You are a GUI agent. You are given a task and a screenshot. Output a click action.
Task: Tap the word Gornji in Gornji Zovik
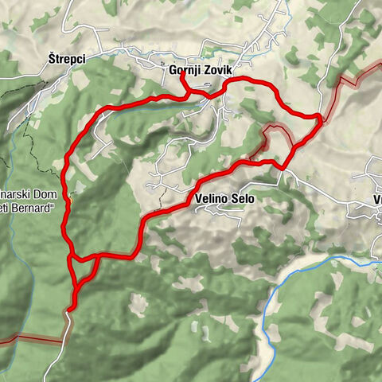[182, 70]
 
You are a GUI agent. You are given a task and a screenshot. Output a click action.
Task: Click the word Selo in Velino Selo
[243, 200]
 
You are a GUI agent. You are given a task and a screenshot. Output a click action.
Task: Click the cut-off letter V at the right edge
[378, 200]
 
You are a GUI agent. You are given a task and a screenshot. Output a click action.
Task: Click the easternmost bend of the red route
[320, 119]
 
